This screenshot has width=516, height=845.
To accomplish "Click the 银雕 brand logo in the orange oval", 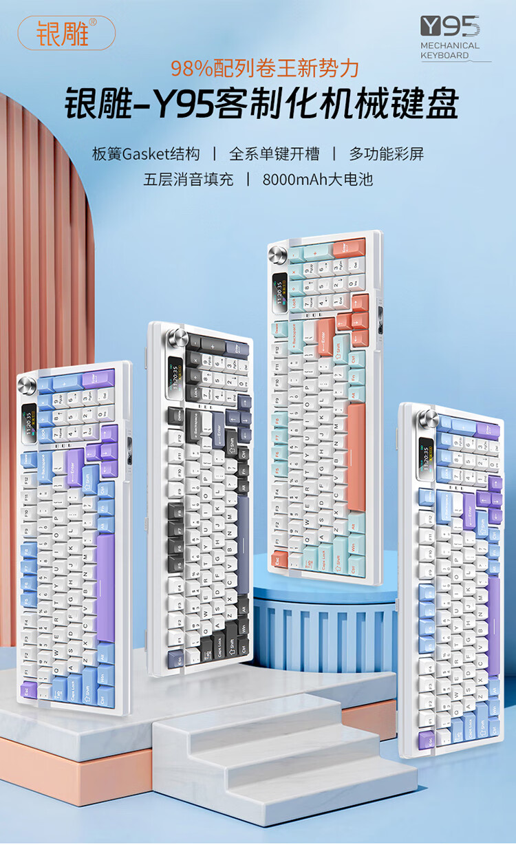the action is (66, 32).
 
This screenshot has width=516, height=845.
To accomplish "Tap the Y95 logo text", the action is (450, 27).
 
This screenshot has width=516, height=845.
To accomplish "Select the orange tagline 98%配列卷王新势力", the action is (264, 68).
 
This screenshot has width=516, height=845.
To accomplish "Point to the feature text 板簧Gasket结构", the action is (146, 153).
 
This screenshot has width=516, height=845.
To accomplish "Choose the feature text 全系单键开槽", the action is (273, 153).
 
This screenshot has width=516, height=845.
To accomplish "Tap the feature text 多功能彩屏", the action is (386, 153).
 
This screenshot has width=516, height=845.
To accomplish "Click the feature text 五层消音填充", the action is (189, 180).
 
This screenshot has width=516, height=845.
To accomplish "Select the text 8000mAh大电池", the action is (318, 180).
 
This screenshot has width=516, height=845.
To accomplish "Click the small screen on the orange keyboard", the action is (280, 290).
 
